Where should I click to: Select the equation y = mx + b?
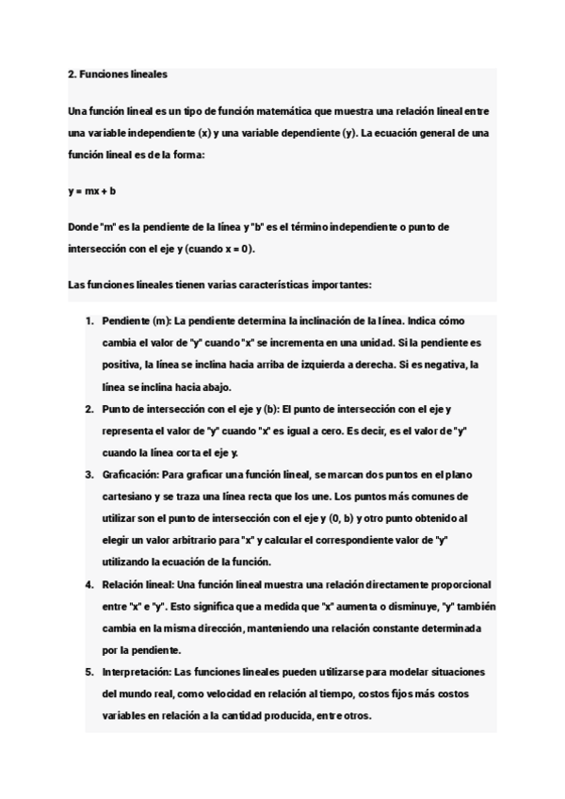click(92, 191)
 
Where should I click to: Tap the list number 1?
click(89, 321)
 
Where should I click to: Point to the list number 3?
click(89, 474)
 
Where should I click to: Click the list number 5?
click(89, 672)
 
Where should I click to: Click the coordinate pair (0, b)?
click(341, 518)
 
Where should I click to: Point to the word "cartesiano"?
click(129, 497)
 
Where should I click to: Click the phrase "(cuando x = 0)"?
click(221, 250)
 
